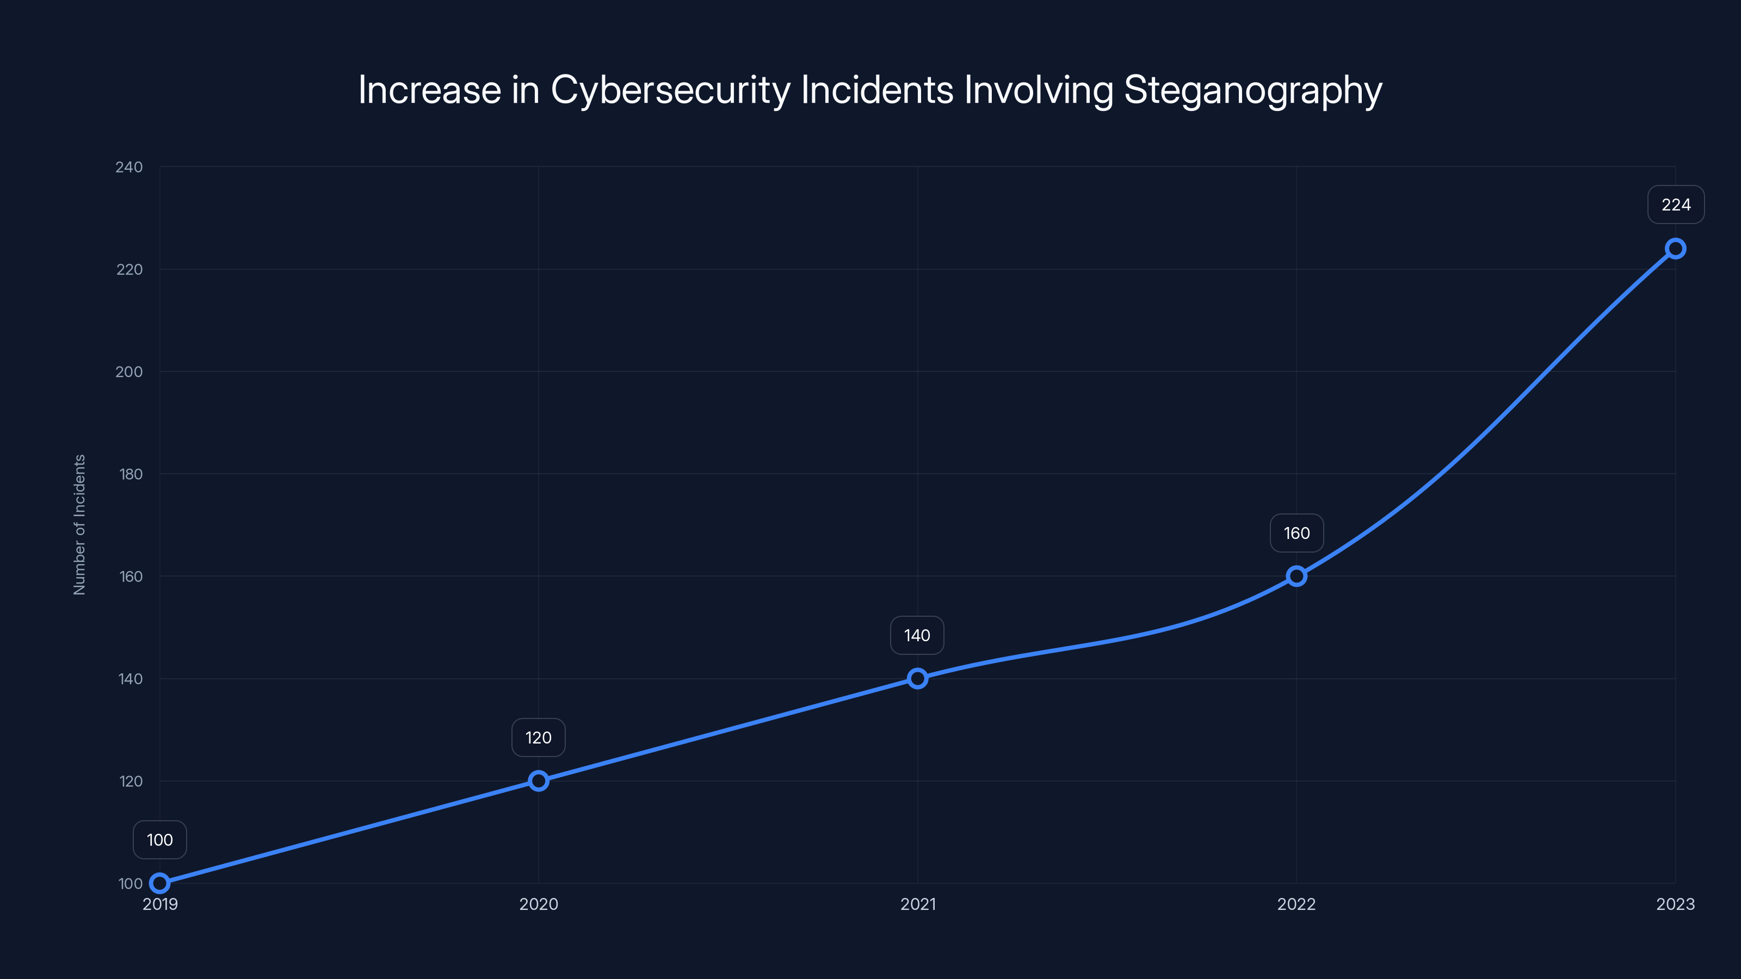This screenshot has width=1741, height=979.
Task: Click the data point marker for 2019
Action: [159, 883]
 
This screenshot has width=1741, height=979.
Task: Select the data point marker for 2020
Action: [539, 781]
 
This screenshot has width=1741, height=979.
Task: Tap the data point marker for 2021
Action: [917, 678]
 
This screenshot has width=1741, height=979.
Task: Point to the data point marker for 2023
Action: [1676, 249]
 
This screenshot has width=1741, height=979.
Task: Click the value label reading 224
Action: [1676, 205]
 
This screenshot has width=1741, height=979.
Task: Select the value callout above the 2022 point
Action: [1297, 533]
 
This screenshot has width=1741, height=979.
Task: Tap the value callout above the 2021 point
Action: [917, 635]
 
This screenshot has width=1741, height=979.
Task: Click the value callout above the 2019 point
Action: [159, 840]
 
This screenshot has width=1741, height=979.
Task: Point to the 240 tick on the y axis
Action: [129, 167]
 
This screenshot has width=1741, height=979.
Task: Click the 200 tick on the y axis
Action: [129, 371]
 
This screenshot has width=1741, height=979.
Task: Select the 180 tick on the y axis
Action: [131, 474]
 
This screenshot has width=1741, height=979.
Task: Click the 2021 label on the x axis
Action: [918, 904]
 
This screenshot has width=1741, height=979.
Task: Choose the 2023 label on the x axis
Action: [1675, 904]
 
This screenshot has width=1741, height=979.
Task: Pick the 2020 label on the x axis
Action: [539, 904]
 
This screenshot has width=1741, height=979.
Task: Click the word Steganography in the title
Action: [1252, 90]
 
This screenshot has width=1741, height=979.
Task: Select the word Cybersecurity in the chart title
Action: [670, 90]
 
